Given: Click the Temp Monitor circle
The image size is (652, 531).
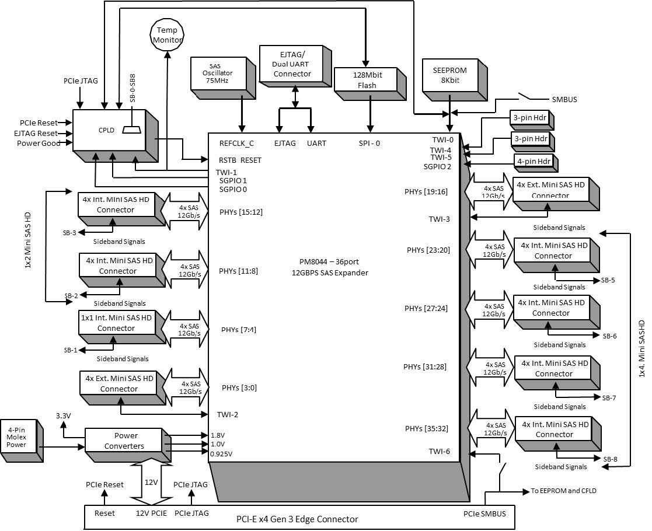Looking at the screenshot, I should tap(168, 34).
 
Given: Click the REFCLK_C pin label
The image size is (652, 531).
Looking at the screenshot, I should tap(236, 143).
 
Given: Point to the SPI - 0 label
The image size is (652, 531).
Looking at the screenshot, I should tap(369, 143).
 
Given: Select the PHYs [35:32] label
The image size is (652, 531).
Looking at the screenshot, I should tap(427, 428).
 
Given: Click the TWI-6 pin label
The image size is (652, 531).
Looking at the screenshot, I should tap(439, 451).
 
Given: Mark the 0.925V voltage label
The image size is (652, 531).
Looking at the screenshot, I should tap(221, 453).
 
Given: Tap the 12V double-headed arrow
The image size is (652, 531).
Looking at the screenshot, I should tap(151, 482).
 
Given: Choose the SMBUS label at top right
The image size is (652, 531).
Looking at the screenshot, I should tap(564, 100).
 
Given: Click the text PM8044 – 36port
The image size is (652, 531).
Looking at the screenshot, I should tap(330, 262).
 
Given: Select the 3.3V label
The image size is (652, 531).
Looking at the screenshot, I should tap(64, 415).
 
